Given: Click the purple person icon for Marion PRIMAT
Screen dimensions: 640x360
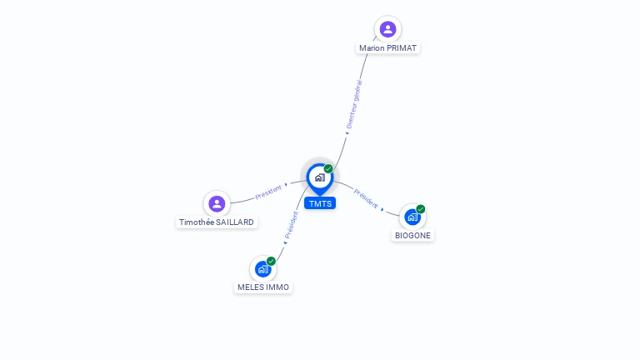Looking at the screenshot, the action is tap(387, 29).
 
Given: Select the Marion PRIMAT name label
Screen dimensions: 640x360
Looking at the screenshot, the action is tap(387, 48).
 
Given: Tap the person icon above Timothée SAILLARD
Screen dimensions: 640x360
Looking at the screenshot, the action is tap(217, 203).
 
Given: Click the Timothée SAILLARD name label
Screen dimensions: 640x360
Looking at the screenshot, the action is tap(217, 222).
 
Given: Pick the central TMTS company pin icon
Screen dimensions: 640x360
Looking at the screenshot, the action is tap(319, 177).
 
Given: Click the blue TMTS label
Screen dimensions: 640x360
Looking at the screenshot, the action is tap(320, 203).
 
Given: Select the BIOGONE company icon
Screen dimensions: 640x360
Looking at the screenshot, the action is tap(412, 217).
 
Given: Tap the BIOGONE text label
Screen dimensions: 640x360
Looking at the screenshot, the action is tap(413, 236).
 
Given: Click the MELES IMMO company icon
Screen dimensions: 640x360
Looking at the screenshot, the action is tap(262, 268).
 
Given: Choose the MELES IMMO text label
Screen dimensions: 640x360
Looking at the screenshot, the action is tap(263, 287).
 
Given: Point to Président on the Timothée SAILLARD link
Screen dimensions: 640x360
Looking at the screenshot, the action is tap(268, 192).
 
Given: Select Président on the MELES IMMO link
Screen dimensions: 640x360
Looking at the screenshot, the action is tap(292, 226).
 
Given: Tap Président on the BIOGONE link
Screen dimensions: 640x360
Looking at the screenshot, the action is tap(366, 198).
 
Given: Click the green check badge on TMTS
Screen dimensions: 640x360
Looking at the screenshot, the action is tap(328, 169).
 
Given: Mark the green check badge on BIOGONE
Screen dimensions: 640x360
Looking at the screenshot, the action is tap(421, 209).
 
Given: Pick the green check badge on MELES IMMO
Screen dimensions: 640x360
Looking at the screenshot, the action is tap(271, 261).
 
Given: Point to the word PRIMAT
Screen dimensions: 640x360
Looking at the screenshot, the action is tap(402, 48).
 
